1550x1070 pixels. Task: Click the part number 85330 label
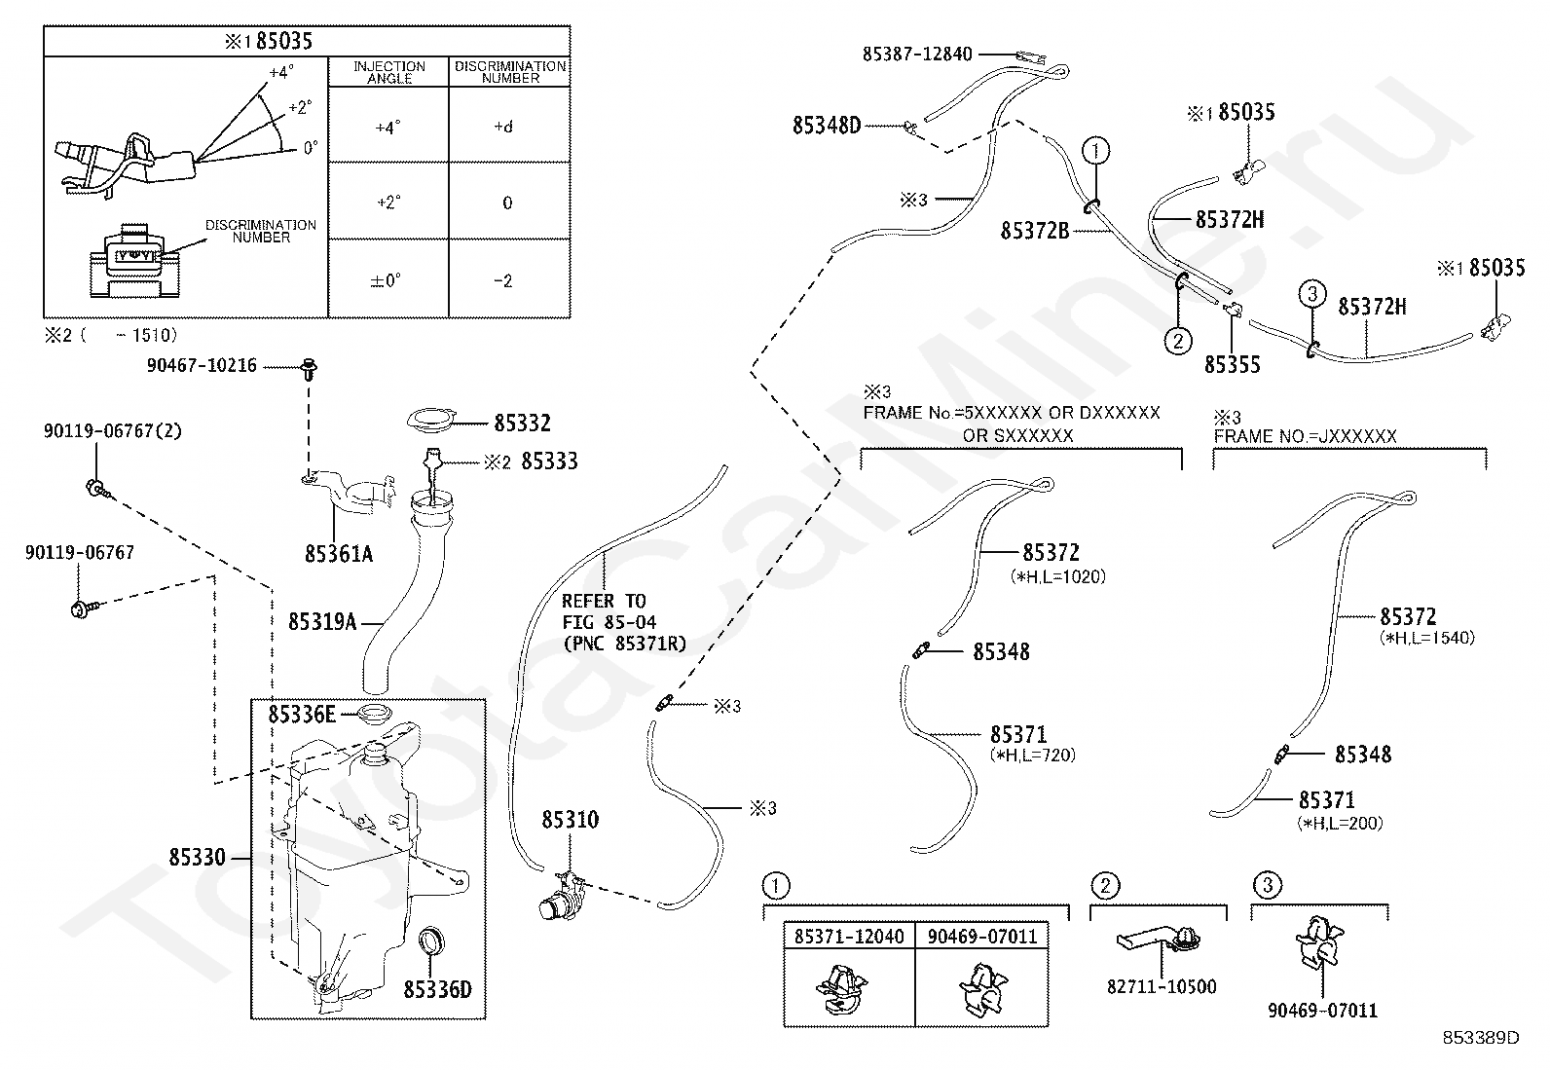coord(197,858)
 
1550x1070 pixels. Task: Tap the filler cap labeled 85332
coord(429,422)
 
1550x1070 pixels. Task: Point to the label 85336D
coord(437,989)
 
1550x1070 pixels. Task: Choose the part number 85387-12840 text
coord(916,55)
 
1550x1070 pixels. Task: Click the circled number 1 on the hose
coord(1096,150)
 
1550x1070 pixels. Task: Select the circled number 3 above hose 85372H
coord(1311,292)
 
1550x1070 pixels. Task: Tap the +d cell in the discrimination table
coord(503,127)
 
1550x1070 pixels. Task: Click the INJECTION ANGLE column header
coord(388,72)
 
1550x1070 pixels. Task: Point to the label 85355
coord(1232,364)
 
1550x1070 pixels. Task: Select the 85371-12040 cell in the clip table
coord(848,937)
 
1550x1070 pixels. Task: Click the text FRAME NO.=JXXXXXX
coord(1305,436)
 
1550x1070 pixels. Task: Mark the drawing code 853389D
coord(1481,1036)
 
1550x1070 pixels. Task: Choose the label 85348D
coord(827,125)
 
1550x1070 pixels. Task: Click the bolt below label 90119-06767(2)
coord(95,486)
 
